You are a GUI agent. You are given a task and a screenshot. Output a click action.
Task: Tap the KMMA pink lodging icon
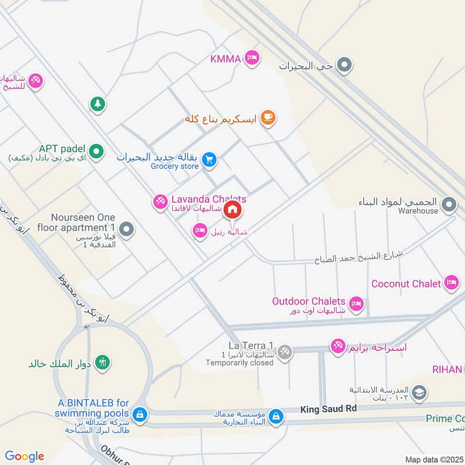(252, 57)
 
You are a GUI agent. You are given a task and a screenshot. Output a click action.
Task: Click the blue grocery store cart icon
(209, 159)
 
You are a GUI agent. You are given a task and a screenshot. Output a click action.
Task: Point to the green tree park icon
(96, 104)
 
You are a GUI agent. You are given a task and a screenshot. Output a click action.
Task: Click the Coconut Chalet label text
(406, 284)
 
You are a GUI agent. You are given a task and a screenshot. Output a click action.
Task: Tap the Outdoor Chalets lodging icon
(356, 303)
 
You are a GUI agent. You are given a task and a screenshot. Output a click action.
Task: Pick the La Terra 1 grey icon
(284, 351)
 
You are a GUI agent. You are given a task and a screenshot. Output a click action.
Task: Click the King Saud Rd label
(328, 409)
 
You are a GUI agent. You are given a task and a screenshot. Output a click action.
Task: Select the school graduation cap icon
(418, 394)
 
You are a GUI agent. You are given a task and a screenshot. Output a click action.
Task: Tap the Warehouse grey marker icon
(449, 204)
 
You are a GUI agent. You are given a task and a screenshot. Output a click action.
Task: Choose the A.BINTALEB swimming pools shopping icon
(139, 414)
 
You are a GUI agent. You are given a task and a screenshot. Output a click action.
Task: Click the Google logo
(24, 456)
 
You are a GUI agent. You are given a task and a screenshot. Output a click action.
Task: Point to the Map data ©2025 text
(433, 460)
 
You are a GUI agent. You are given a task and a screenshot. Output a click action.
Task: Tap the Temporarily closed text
(239, 363)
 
